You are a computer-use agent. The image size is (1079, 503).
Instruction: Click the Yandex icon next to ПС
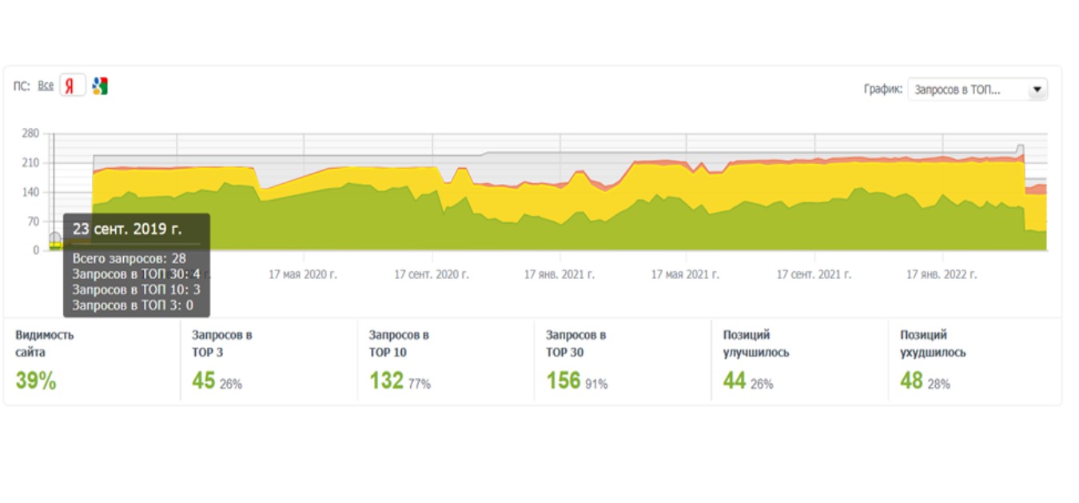tap(72, 86)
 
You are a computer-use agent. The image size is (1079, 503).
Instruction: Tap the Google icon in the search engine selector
tap(100, 86)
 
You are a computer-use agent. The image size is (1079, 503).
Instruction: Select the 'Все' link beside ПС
tap(46, 86)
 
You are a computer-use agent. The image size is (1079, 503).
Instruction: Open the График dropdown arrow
tap(1037, 90)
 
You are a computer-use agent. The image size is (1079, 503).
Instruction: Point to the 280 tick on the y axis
tap(30, 134)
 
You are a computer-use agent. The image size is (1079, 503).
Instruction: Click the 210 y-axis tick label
tap(30, 163)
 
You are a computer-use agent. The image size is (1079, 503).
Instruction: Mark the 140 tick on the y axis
tap(30, 193)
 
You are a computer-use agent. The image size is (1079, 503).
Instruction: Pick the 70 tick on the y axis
tap(34, 222)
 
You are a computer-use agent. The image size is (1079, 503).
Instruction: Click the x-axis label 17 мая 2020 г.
tap(303, 275)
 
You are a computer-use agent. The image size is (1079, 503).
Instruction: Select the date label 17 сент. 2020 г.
tap(432, 275)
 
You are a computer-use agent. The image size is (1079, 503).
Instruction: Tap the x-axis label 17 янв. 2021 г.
tap(559, 275)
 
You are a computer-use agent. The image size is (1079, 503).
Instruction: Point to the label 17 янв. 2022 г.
tap(942, 275)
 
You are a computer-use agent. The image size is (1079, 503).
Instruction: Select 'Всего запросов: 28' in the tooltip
tap(129, 258)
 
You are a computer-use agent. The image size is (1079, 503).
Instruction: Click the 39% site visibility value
tap(36, 381)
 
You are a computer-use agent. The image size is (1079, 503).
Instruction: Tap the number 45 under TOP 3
tap(203, 381)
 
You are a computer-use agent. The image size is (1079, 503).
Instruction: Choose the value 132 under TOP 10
tap(386, 381)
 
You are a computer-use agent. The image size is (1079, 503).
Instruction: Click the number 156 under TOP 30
tap(563, 381)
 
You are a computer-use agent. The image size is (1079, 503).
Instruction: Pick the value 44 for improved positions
tap(734, 381)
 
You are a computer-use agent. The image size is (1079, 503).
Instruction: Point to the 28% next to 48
tap(939, 385)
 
